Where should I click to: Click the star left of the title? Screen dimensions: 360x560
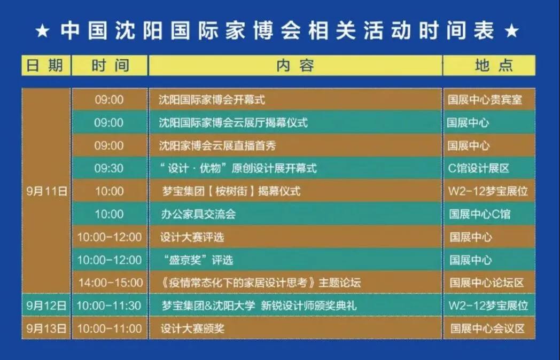click(42, 31)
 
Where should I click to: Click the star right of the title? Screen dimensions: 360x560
click(511, 31)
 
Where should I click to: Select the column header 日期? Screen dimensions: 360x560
click(46, 65)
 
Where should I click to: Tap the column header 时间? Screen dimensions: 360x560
click(110, 65)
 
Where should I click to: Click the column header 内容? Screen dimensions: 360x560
click(295, 65)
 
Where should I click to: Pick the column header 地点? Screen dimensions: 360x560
click(488, 65)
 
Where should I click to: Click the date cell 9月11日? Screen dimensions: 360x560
click(46, 191)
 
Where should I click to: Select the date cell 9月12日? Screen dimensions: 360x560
click(46, 306)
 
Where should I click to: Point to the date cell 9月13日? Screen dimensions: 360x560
click(46, 328)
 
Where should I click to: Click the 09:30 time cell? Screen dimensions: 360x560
click(109, 168)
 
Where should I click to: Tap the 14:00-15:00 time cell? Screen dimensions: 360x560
click(110, 283)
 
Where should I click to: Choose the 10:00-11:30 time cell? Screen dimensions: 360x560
click(109, 306)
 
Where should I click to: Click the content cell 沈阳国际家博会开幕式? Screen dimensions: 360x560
click(212, 100)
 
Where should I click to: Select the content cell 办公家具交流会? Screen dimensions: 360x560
click(198, 214)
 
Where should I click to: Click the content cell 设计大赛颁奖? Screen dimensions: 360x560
click(192, 328)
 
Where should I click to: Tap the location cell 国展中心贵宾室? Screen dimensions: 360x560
click(485, 100)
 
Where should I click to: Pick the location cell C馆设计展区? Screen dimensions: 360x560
click(479, 168)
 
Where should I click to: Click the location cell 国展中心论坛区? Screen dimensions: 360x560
click(486, 283)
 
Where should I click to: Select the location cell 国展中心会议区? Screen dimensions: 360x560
click(487, 328)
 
